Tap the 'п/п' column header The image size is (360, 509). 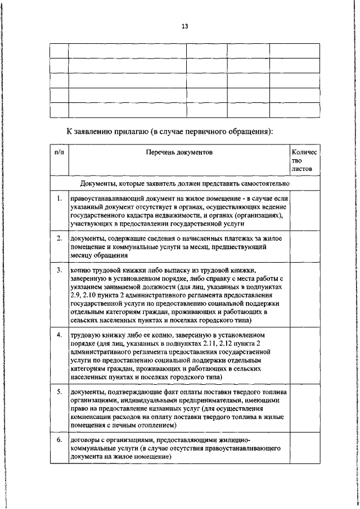[x=58, y=152]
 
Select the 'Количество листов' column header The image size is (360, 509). [x=304, y=160]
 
